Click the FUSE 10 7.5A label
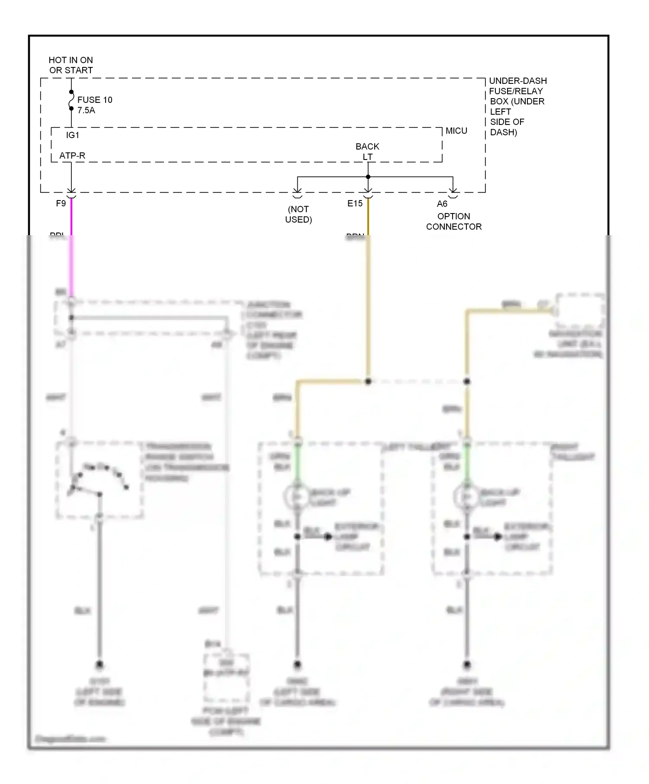pyautogui.click(x=94, y=105)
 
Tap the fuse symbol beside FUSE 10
pyautogui.click(x=71, y=100)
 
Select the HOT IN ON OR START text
pyautogui.click(x=71, y=65)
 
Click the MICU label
pyautogui.click(x=456, y=131)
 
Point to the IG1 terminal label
pyautogui.click(x=73, y=135)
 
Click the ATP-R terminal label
pyautogui.click(x=72, y=156)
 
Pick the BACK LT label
pyautogui.click(x=367, y=151)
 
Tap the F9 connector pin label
pyautogui.click(x=61, y=203)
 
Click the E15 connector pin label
pyautogui.click(x=355, y=203)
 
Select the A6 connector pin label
pyautogui.click(x=442, y=204)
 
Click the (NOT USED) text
pyautogui.click(x=299, y=214)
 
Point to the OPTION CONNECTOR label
pyautogui.click(x=453, y=221)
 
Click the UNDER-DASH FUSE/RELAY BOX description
pyautogui.click(x=517, y=106)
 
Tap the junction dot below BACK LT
pyautogui.click(x=368, y=177)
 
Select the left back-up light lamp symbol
pyautogui.click(x=297, y=497)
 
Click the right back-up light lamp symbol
pyautogui.click(x=466, y=497)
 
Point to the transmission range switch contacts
pyautogui.click(x=100, y=480)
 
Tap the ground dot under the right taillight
pyautogui.click(x=467, y=665)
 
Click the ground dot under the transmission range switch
pyautogui.click(x=100, y=664)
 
